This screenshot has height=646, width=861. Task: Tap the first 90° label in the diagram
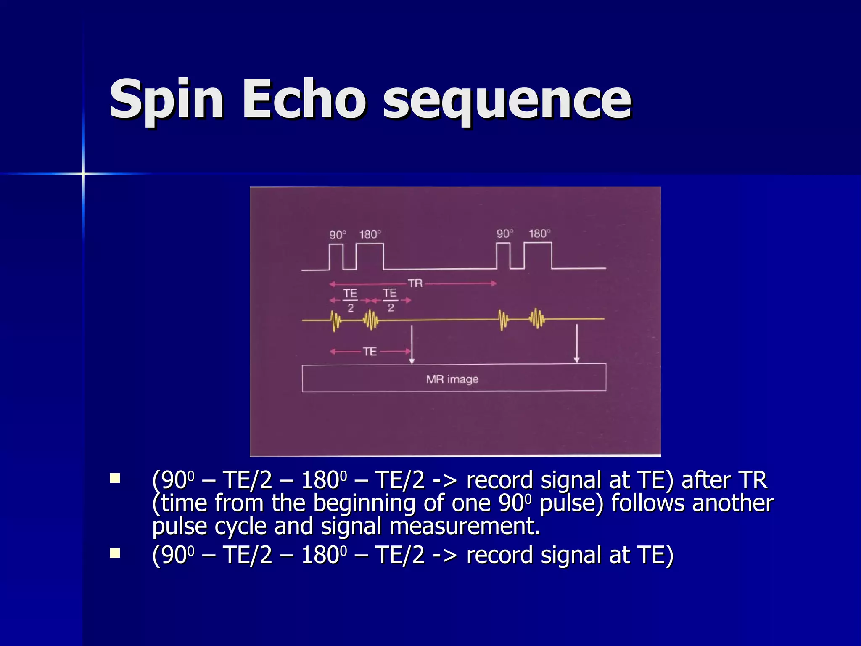(338, 235)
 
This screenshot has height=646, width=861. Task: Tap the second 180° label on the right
(539, 234)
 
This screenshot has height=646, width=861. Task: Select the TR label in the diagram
(415, 283)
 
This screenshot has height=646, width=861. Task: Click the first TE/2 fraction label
(350, 300)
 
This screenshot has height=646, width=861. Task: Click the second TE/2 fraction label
(390, 300)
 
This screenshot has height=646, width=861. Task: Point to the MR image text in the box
(452, 379)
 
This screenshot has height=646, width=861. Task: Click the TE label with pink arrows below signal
(370, 352)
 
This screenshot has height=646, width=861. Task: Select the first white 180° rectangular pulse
(370, 257)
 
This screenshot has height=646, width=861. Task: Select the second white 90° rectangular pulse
(503, 256)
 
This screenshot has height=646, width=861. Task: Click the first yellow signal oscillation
(335, 320)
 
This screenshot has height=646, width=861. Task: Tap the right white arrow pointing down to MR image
(576, 343)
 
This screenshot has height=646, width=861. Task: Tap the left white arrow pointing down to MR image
(412, 344)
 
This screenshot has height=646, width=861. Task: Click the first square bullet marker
(115, 479)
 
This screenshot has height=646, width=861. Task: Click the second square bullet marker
(115, 553)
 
